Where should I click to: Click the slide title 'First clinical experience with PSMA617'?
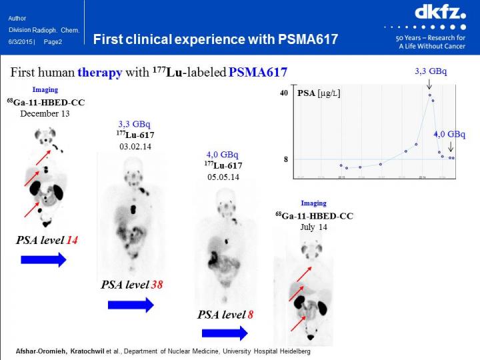[215, 39]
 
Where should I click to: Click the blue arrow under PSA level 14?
[44, 260]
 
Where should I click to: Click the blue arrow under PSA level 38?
[131, 305]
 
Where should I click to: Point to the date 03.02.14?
[132, 146]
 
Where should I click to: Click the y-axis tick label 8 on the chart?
[285, 159]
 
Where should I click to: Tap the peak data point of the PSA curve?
[430, 95]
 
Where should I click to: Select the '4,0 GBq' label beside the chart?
[449, 134]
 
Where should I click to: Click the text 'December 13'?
[45, 113]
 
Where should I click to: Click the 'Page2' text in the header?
[53, 41]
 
